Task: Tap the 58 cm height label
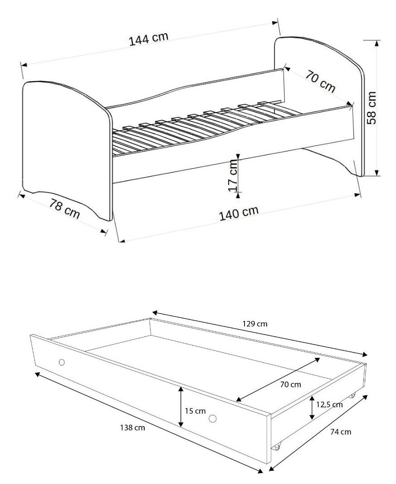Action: (x=372, y=108)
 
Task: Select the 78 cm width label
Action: (x=64, y=209)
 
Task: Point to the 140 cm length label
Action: (x=239, y=213)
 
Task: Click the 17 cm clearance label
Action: (x=234, y=176)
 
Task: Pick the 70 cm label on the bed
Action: (x=320, y=81)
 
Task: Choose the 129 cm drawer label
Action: (x=255, y=324)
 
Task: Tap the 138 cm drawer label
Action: (x=132, y=428)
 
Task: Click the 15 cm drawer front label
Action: (x=195, y=411)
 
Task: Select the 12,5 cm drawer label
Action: (x=329, y=405)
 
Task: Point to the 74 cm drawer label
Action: (x=341, y=432)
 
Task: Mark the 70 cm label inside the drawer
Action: (x=290, y=385)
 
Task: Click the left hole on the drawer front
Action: (x=62, y=362)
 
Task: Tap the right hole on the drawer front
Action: (x=212, y=419)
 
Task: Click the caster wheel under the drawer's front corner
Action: (x=277, y=446)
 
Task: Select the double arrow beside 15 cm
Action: (x=181, y=406)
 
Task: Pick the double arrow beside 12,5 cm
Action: (x=313, y=408)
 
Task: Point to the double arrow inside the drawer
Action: (x=278, y=380)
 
